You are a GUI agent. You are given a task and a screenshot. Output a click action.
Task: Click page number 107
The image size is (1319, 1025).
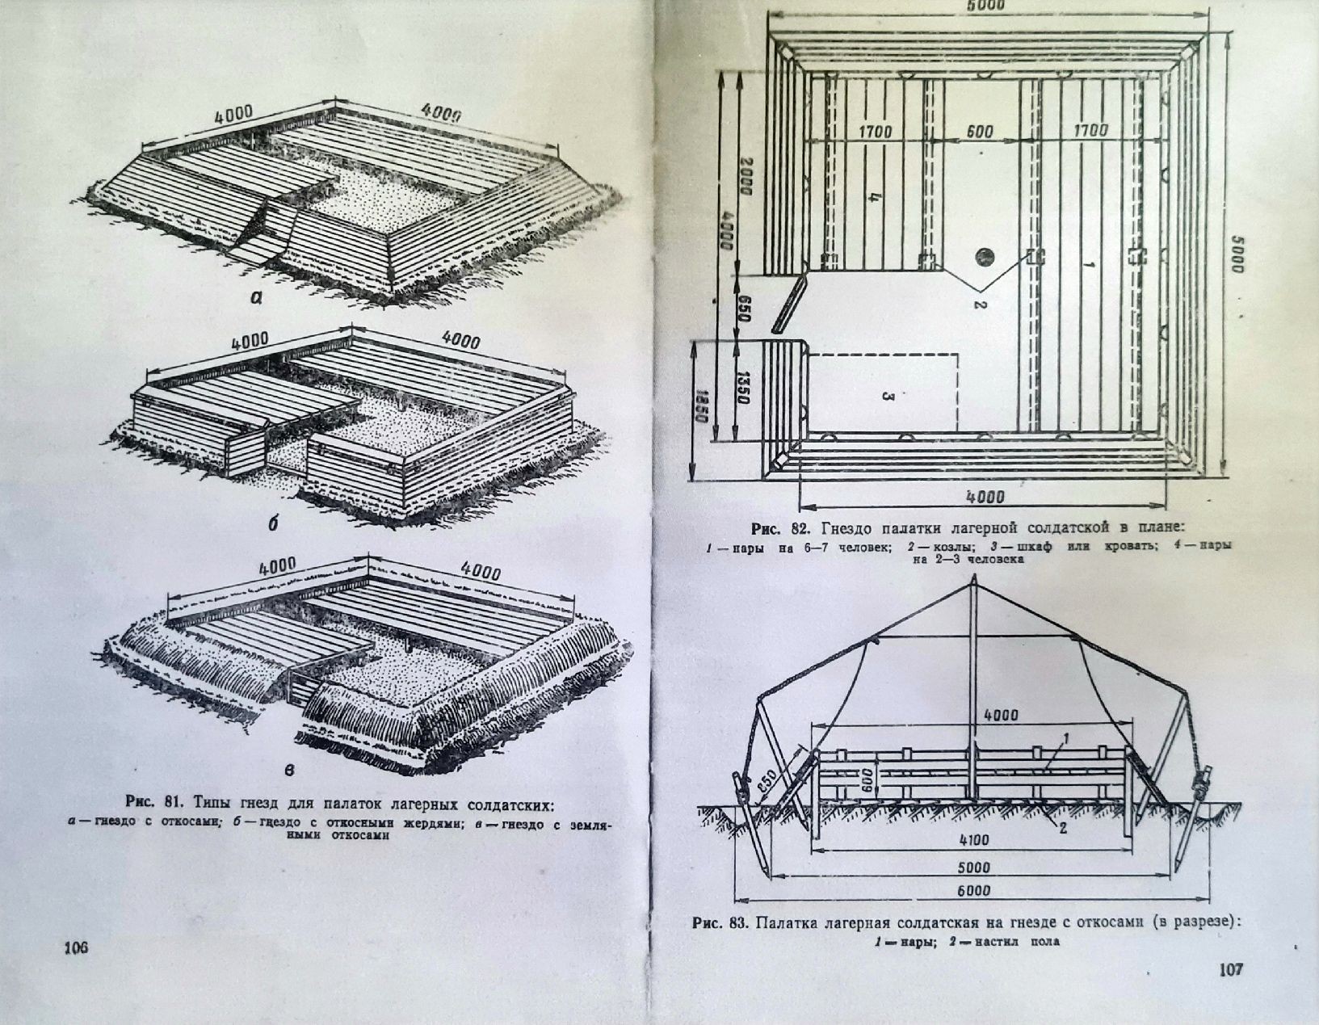click(x=1233, y=969)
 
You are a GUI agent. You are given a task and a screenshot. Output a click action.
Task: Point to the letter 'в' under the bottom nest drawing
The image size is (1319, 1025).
click(x=289, y=770)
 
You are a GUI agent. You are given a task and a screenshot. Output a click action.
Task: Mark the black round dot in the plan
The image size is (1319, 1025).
click(x=983, y=257)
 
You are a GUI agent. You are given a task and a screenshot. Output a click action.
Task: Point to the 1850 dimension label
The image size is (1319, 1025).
click(x=701, y=408)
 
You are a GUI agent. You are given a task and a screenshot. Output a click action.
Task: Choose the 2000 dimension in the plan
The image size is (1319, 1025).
click(x=744, y=172)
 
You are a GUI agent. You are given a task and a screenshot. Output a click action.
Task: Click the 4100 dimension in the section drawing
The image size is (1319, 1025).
click(x=974, y=839)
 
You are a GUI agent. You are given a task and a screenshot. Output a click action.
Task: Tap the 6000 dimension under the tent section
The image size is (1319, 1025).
click(x=974, y=891)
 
